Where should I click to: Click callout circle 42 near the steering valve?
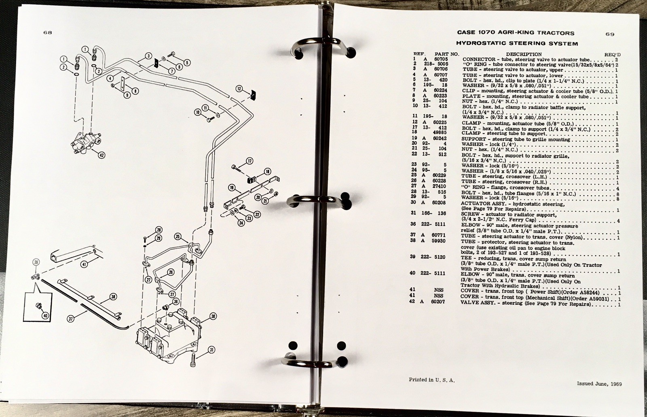pos(101,155)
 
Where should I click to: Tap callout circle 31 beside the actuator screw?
pos(212,350)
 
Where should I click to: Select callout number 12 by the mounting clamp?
pos(239,89)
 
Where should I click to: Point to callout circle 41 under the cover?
pos(84,264)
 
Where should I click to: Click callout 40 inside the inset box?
pos(45,316)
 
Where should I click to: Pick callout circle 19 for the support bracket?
pos(232,188)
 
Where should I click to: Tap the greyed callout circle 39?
pos(36,262)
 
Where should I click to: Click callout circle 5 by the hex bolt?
pos(187,63)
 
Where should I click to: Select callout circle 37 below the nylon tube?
pos(70,319)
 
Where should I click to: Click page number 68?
pos(48,32)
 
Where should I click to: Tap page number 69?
pos(610,34)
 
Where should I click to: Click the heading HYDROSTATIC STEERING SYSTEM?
pos(517,43)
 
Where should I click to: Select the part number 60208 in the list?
pos(439,203)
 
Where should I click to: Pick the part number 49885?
pos(440,133)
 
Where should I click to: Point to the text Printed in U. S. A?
pos(432,380)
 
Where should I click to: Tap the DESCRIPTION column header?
pos(524,54)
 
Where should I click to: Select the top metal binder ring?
pos(323,46)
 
